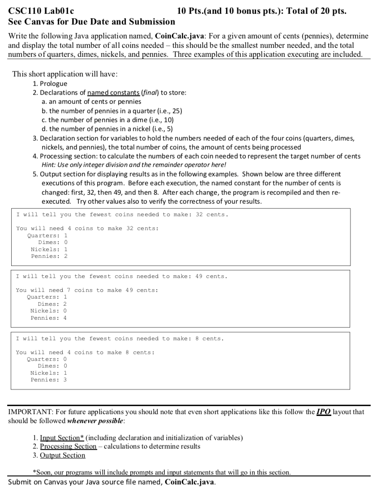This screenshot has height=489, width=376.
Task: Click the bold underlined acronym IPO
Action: pos(322,411)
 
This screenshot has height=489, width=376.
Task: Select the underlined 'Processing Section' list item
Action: pos(68,446)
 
